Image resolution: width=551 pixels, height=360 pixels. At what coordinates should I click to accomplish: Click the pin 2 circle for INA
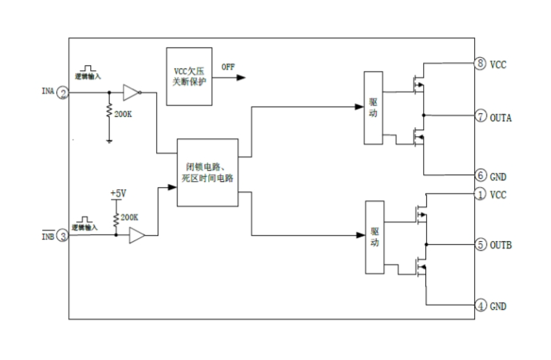[x=64, y=93]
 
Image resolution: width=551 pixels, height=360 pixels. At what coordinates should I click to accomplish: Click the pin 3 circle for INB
[x=64, y=236]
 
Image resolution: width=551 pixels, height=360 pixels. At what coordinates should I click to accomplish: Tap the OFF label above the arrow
[x=228, y=67]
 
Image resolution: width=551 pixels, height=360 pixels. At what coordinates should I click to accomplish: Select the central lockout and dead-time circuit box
[x=207, y=171]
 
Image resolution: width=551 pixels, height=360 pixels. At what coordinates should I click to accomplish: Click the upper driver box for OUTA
[x=373, y=107]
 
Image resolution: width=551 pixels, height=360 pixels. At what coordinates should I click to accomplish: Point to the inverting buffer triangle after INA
[x=130, y=93]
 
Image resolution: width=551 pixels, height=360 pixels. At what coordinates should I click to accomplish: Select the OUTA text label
[x=501, y=117]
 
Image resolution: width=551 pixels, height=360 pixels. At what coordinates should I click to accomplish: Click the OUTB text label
[x=501, y=245]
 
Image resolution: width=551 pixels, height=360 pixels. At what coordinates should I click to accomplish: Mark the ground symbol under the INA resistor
[x=109, y=140]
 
